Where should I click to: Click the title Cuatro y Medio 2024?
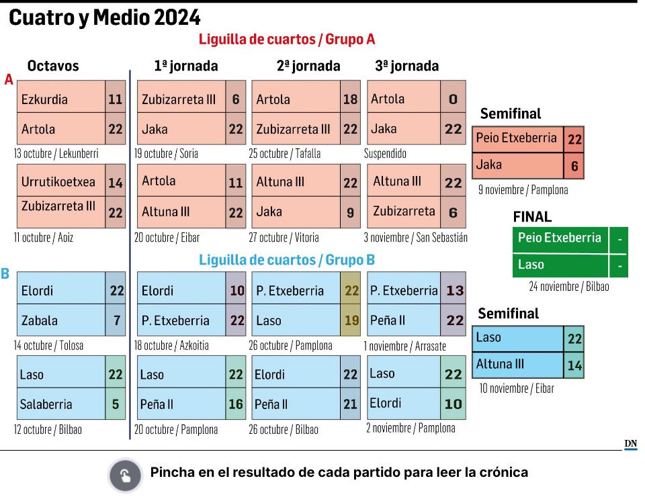point(104,18)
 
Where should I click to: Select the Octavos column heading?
point(53,66)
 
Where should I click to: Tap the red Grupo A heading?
point(286,39)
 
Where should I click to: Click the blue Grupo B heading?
point(286,260)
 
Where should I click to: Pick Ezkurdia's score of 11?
point(115,99)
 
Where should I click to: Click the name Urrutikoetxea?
point(58,182)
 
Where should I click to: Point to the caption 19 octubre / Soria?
point(167,153)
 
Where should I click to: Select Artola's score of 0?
point(453,99)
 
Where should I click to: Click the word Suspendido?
point(386,153)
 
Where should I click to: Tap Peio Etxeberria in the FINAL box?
point(559,238)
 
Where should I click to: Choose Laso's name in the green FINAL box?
point(531,265)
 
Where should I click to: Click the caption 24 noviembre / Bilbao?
point(569,287)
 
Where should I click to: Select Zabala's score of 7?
point(116,320)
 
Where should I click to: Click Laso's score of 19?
point(351,320)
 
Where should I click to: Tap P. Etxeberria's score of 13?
point(454,291)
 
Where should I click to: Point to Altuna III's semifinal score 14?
point(574,366)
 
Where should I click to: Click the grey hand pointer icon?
point(125,476)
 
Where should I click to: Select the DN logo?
point(630,444)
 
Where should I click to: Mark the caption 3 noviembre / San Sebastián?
point(415,237)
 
